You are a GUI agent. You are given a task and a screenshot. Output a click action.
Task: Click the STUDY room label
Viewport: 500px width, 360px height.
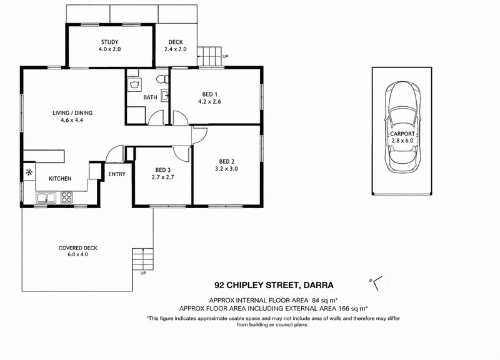click(110, 42)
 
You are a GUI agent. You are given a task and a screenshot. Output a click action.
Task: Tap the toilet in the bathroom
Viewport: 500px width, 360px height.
click(163, 79)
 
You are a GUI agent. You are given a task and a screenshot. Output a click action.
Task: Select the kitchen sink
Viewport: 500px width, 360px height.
click(46, 197)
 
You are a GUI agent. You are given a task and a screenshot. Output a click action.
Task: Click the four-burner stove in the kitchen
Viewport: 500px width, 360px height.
click(67, 197)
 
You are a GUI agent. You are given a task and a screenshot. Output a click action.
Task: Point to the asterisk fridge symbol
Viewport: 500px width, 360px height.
click(29, 172)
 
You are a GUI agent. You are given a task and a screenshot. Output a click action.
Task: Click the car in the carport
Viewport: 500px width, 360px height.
click(402, 127)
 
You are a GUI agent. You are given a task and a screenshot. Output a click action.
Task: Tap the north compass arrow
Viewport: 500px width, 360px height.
click(376, 283)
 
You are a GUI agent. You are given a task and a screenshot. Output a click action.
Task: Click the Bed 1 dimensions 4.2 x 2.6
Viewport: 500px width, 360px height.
click(209, 102)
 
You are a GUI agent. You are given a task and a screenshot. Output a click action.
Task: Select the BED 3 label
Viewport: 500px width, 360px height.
click(163, 170)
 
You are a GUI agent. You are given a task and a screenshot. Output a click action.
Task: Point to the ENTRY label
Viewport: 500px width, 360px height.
click(117, 174)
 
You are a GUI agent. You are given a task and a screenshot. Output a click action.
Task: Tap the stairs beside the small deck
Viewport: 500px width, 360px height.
click(209, 56)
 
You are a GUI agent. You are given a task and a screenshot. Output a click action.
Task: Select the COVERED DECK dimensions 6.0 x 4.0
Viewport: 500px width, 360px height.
click(77, 254)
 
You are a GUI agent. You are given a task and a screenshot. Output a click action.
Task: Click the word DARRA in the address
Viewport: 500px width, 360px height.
click(318, 285)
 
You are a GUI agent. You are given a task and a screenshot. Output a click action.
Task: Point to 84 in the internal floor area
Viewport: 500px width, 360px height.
click(316, 300)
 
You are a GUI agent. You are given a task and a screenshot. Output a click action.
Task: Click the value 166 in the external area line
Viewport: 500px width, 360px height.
click(344, 308)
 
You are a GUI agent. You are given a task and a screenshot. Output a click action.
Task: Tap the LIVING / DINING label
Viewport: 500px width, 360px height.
click(72, 113)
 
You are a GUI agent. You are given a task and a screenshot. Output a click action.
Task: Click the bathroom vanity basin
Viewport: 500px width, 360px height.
click(165, 96)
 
